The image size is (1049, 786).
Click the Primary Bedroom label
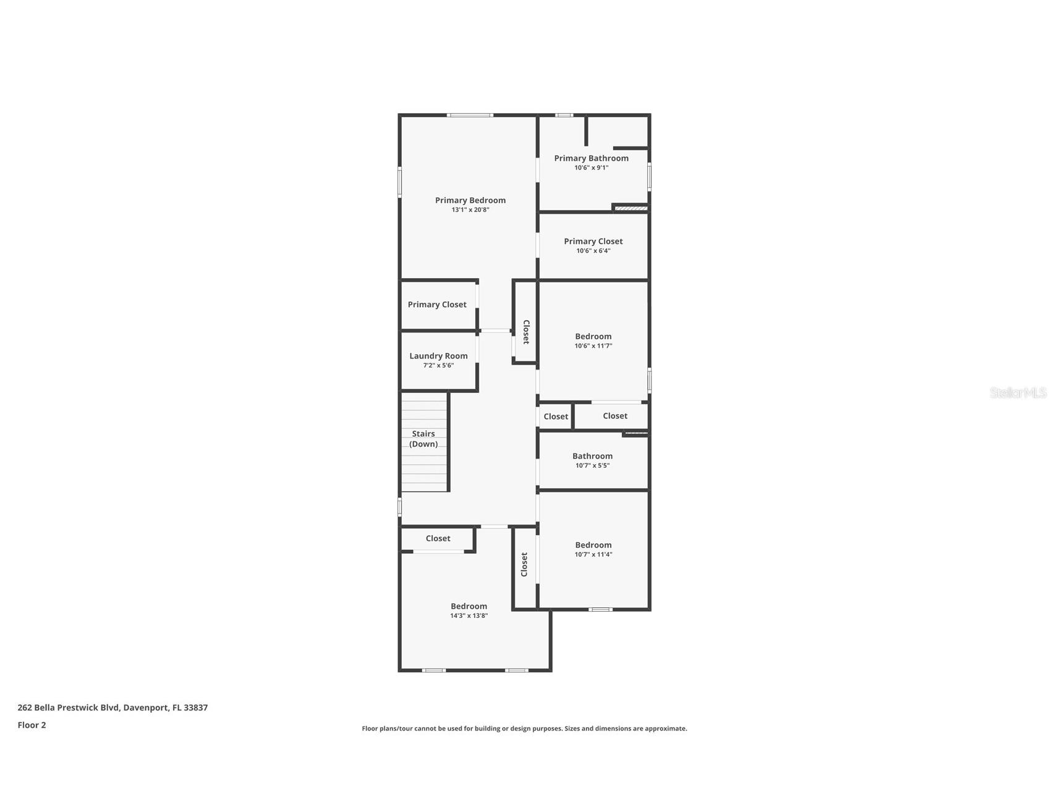tap(470, 200)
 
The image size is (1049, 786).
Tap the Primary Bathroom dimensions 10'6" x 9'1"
tap(591, 167)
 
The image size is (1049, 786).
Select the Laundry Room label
tap(438, 356)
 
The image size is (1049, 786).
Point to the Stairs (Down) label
tap(423, 439)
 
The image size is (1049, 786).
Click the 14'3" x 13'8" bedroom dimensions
tap(469, 615)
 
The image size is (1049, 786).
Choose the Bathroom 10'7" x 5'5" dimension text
tap(592, 465)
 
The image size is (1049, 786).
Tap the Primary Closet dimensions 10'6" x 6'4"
tap(593, 251)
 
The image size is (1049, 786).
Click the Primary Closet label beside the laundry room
tap(437, 305)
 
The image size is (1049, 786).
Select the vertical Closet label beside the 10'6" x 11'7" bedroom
tap(526, 332)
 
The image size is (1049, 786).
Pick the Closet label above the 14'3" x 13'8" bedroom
tap(438, 538)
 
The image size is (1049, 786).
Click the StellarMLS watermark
tap(1017, 392)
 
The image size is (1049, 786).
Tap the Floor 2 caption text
tap(32, 725)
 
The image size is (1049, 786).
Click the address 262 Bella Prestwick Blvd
tap(113, 708)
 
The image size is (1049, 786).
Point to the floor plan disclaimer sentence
tap(524, 729)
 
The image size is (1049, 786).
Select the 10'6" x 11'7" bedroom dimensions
tap(593, 346)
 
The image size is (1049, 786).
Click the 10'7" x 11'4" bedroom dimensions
tap(593, 554)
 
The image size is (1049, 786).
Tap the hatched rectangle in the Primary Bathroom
tap(631, 208)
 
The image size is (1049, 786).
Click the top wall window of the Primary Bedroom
tap(470, 115)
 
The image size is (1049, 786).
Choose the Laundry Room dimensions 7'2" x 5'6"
tap(438, 365)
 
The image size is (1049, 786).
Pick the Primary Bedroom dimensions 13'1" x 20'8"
tap(470, 209)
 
